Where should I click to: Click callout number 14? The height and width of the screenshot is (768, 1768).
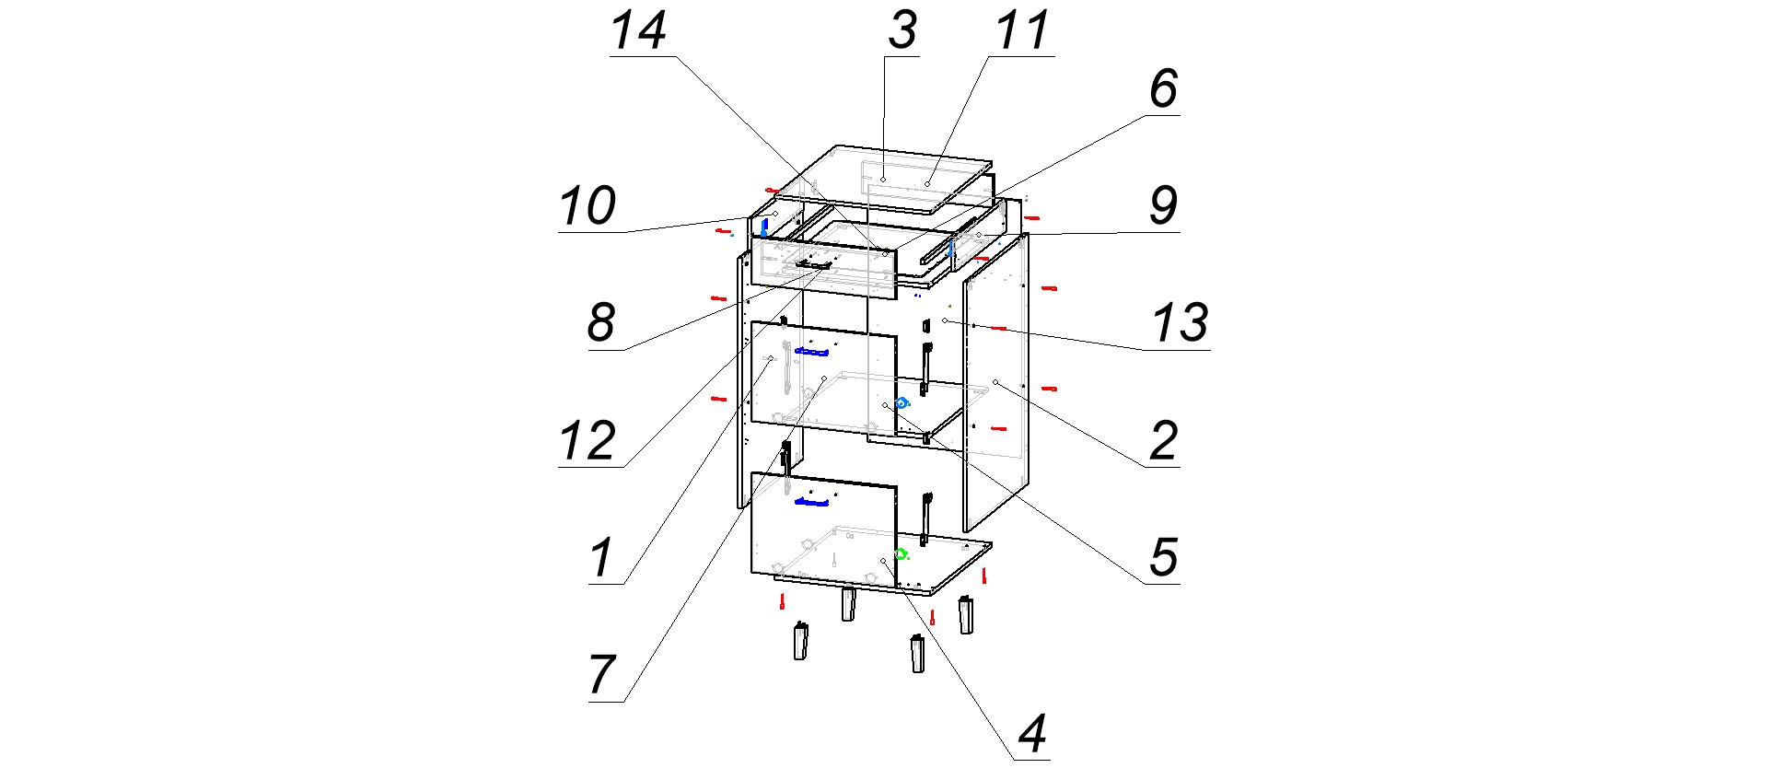pyautogui.click(x=638, y=31)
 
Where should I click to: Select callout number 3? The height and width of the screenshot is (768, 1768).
pyautogui.click(x=902, y=30)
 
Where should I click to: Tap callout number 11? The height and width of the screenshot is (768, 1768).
pyautogui.click(x=1022, y=30)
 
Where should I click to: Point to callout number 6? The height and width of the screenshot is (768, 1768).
pyautogui.click(x=1164, y=89)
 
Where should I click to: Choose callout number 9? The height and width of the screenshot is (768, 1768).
pyautogui.click(x=1164, y=205)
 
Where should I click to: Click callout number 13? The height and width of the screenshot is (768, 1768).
pyautogui.click(x=1180, y=323)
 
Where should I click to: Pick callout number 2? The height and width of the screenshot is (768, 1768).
pyautogui.click(x=1164, y=441)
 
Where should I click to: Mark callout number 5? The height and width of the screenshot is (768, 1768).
pyautogui.click(x=1164, y=558)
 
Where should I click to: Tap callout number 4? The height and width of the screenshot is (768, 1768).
pyautogui.click(x=1032, y=735)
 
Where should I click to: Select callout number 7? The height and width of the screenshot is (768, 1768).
pyautogui.click(x=601, y=676)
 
